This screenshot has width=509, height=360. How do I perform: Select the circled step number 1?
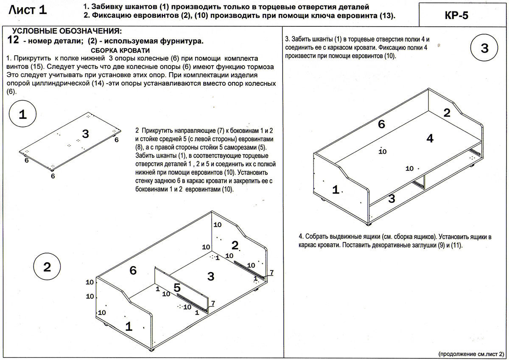tap(23, 115)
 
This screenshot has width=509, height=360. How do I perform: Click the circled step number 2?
tap(47, 267)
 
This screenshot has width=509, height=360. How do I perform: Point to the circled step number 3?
tap(485, 48)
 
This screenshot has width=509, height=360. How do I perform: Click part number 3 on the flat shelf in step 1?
tap(86, 134)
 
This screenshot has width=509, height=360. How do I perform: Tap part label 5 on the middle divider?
tap(177, 287)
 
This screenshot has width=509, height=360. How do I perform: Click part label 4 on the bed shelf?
tap(430, 138)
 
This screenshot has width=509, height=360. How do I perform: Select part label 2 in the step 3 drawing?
tap(447, 113)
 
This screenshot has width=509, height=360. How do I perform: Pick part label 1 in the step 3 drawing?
tap(336, 190)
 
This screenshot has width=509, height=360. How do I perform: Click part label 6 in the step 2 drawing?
tap(133, 270)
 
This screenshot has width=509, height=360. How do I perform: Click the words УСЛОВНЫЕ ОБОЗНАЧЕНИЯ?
tap(67, 32)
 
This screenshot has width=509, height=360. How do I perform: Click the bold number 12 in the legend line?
tap(14, 41)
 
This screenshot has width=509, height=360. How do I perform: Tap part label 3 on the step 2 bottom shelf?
tap(211, 277)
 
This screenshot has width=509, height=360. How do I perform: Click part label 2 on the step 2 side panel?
tap(235, 245)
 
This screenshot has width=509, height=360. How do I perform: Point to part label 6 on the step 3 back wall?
tap(381, 124)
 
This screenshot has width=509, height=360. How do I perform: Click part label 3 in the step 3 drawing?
tap(392, 198)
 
